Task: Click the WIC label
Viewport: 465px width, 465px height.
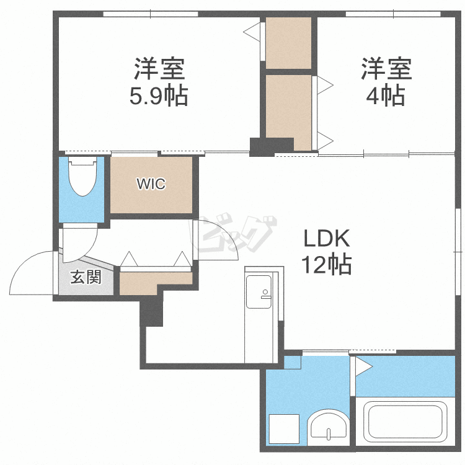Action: click(151, 184)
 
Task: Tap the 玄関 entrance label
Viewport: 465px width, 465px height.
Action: click(86, 277)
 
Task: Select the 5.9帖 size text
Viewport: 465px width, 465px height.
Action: click(159, 95)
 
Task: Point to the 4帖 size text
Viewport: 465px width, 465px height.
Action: click(386, 95)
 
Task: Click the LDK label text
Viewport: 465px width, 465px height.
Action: click(327, 239)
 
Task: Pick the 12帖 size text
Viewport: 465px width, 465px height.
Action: click(327, 264)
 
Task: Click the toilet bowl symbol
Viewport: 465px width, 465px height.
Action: click(82, 176)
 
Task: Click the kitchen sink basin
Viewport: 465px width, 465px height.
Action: click(259, 292)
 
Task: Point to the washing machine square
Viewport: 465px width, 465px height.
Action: click(284, 429)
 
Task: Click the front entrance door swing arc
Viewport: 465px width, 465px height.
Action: click(22, 265)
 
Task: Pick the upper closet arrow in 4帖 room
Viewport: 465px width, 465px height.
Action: click(325, 86)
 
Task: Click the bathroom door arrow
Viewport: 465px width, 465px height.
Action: click(364, 367)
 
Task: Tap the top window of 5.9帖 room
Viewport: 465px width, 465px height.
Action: click(151, 14)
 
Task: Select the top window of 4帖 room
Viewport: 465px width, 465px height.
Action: click(393, 14)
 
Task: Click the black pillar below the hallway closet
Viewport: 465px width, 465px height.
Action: click(151, 311)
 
